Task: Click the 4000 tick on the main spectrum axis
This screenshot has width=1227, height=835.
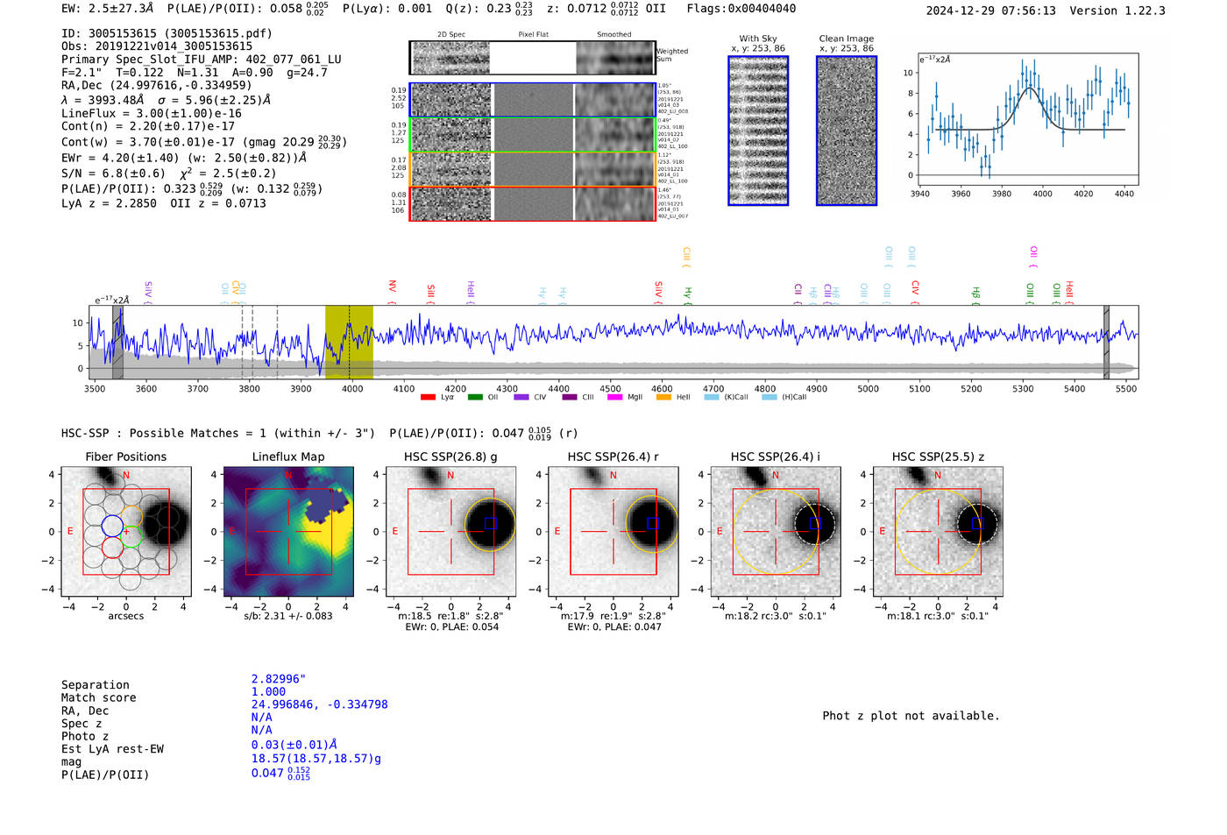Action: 351,388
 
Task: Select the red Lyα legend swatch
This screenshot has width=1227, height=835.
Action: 428,398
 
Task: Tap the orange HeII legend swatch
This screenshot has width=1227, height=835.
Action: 663,398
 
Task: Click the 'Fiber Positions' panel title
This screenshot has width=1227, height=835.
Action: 125,456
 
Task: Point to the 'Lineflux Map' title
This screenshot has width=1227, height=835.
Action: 288,456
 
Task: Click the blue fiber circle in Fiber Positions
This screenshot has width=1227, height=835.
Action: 112,526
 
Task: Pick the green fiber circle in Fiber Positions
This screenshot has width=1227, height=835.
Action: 131,537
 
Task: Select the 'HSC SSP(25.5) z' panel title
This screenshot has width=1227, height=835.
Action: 938,456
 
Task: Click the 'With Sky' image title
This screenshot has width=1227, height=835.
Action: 758,39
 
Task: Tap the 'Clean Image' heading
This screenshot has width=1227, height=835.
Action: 846,39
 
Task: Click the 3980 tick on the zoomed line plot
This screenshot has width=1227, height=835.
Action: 1002,194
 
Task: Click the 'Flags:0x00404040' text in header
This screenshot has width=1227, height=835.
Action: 741,9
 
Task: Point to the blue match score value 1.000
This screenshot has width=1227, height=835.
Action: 268,691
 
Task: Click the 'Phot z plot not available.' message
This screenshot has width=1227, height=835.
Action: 911,716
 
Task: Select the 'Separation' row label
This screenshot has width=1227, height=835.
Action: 95,685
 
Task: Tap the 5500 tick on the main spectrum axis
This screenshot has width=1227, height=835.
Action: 1126,388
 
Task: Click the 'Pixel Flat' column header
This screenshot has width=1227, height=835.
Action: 533,34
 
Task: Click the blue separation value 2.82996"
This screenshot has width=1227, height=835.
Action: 278,679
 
